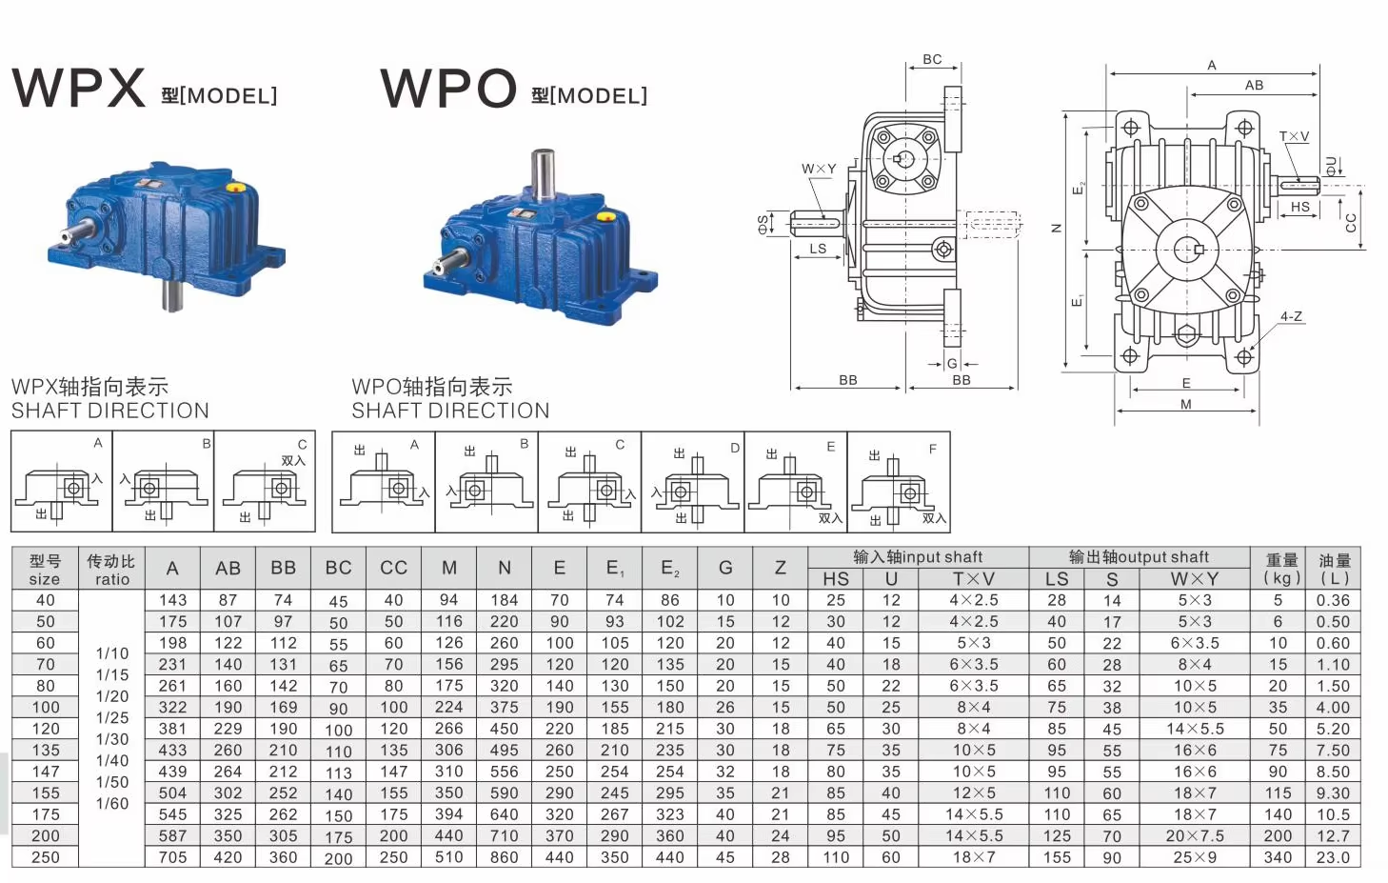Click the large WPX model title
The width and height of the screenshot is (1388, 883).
pyautogui.click(x=78, y=88)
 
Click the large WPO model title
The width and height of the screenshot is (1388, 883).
pyautogui.click(x=448, y=88)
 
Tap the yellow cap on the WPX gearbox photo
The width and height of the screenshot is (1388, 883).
pyautogui.click(x=234, y=188)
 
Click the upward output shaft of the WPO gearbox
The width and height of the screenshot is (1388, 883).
pyautogui.click(x=543, y=175)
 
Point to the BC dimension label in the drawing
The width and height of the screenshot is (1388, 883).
pyautogui.click(x=932, y=59)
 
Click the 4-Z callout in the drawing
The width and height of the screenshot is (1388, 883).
pyautogui.click(x=1291, y=317)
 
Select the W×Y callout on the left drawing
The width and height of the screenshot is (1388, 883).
pyautogui.click(x=819, y=169)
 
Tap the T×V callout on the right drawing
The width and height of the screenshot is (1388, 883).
pyautogui.click(x=1295, y=136)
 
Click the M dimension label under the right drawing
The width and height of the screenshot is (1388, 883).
pyautogui.click(x=1186, y=404)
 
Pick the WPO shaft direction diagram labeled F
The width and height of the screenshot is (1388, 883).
pyautogui.click(x=899, y=482)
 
